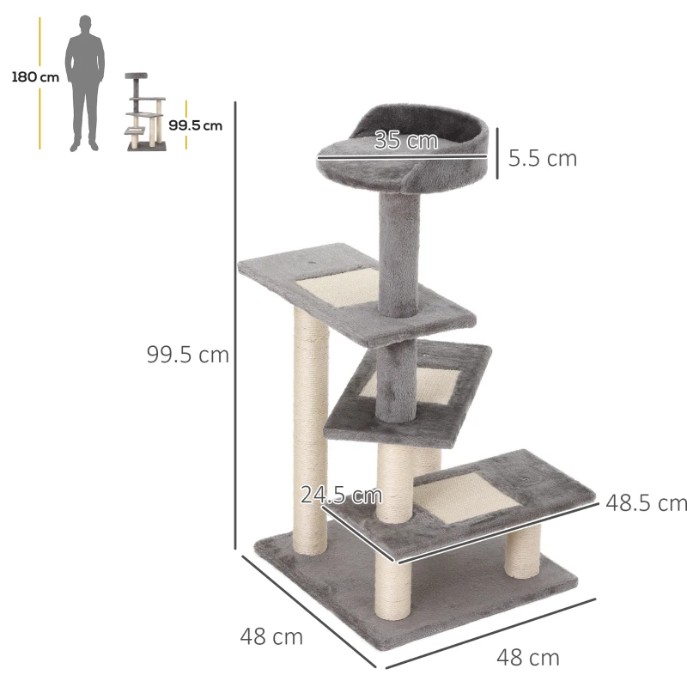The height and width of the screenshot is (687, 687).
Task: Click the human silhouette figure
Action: click(x=87, y=82)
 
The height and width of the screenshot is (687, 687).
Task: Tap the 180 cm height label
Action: click(x=35, y=77)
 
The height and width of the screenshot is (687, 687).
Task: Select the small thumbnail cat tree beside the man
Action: click(x=143, y=112)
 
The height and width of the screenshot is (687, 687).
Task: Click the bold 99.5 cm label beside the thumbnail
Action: click(x=195, y=125)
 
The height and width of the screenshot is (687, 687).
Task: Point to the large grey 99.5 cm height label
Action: click(x=187, y=355)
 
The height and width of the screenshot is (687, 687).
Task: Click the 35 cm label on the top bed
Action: click(x=406, y=141)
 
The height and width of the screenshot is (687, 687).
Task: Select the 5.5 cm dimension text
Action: click(x=542, y=159)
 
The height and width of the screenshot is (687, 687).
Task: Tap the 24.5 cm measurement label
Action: click(x=341, y=495)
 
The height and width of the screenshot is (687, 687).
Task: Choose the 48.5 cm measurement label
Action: click(x=646, y=503)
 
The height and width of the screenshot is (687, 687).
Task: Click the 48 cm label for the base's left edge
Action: click(x=271, y=637)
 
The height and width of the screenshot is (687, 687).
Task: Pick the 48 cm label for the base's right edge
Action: click(x=527, y=659)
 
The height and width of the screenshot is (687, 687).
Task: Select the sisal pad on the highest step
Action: click(x=331, y=287)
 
